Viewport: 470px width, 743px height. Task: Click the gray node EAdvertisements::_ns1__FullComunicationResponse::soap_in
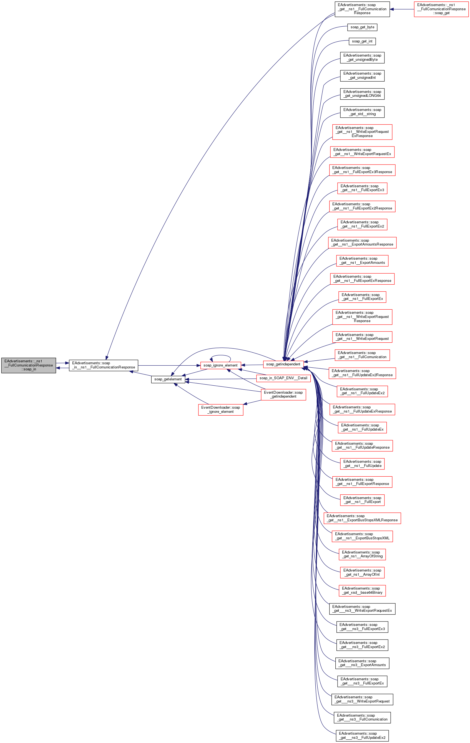(28, 365)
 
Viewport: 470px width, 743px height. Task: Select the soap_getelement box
(168, 379)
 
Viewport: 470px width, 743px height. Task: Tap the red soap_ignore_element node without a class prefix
(220, 365)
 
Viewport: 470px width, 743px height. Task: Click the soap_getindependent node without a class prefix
(283, 364)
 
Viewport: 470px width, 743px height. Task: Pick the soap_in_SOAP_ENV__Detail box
(283, 378)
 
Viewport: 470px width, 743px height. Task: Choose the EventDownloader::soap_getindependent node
(283, 394)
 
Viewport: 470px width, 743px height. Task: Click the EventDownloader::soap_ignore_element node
(220, 410)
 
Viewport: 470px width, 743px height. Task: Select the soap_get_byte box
(362, 27)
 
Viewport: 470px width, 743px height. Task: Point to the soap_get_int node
(362, 41)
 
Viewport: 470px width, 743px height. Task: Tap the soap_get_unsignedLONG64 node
(362, 94)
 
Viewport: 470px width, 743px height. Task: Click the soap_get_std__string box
(362, 112)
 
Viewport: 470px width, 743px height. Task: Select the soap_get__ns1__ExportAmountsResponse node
(362, 242)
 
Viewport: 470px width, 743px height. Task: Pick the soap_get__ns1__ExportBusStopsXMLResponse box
(362, 518)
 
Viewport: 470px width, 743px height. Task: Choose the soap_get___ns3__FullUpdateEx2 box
(362, 736)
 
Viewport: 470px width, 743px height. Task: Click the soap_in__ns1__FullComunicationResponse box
(104, 365)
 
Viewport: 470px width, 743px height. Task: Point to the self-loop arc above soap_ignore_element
(220, 356)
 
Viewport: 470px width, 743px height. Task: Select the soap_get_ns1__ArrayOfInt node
(362, 572)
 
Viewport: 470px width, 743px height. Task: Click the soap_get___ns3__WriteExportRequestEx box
(362, 608)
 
